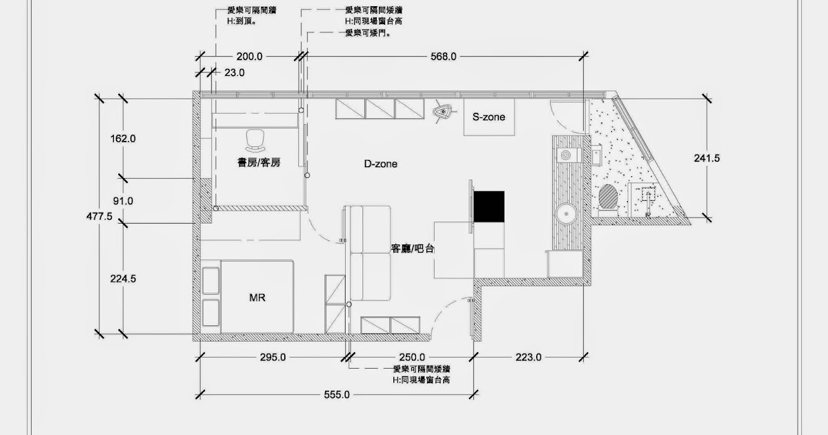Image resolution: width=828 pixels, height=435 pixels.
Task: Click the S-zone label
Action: pyautogui.click(x=489, y=117)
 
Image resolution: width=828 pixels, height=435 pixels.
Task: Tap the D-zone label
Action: pyautogui.click(x=381, y=164)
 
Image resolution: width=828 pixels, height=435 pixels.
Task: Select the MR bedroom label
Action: pyautogui.click(x=257, y=298)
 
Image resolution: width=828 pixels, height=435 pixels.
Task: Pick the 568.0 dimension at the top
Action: pyautogui.click(x=443, y=57)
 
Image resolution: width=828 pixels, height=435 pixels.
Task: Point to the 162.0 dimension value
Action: pyautogui.click(x=123, y=138)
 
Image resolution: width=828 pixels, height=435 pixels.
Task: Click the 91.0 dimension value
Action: pyautogui.click(x=123, y=201)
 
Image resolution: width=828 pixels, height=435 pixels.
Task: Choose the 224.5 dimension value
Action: pyautogui.click(x=123, y=279)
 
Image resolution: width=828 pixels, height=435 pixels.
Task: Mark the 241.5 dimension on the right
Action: pyautogui.click(x=707, y=158)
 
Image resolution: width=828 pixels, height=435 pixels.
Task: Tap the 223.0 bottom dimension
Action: pyautogui.click(x=529, y=358)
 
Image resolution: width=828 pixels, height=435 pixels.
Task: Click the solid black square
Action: pyautogui.click(x=489, y=206)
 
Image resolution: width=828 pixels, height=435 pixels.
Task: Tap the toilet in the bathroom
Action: pyautogui.click(x=608, y=196)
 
